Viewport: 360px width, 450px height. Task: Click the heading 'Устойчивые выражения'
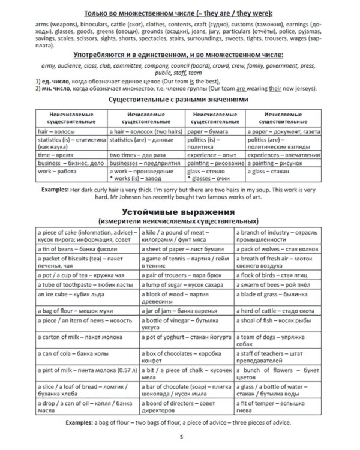[179, 212]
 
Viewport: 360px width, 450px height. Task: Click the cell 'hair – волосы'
[69, 130]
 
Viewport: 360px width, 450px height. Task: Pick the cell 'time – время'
[69, 154]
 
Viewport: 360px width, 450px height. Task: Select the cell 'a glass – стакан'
[285, 172]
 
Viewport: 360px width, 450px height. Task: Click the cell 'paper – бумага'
[214, 130]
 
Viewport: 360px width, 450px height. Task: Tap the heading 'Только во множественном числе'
[179, 13]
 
